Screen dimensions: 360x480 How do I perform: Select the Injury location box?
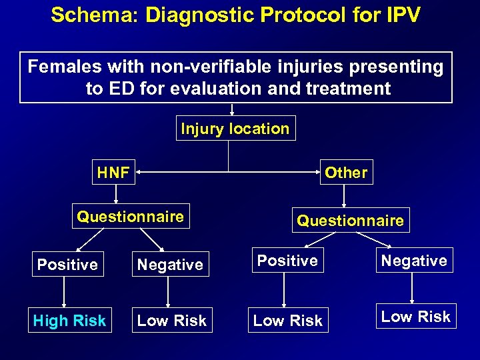click(x=235, y=129)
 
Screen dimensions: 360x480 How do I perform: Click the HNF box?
click(x=113, y=173)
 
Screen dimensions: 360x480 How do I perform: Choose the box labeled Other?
click(x=346, y=173)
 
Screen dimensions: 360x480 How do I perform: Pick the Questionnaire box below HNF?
click(x=131, y=216)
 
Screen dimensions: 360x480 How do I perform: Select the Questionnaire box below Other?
click(x=350, y=220)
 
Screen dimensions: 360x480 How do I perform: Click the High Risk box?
click(x=69, y=321)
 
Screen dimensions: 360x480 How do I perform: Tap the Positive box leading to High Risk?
click(x=67, y=265)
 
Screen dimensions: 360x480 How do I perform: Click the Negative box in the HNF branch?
click(x=170, y=265)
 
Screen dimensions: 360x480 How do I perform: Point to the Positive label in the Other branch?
click(x=287, y=261)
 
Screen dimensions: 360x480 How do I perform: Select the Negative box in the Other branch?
click(x=414, y=261)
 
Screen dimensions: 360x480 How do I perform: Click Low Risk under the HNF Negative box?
click(x=172, y=321)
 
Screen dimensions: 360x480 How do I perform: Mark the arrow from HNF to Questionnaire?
click(x=116, y=194)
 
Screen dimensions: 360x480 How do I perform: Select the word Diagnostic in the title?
click(x=193, y=15)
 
